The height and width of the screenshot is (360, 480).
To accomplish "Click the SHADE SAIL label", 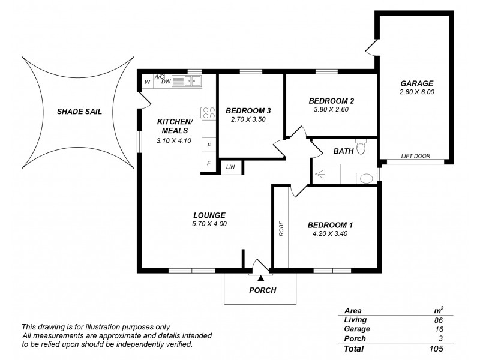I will [76, 111].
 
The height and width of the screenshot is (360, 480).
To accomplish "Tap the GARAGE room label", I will [416, 83].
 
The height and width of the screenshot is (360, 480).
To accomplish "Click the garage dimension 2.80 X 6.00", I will [416, 92].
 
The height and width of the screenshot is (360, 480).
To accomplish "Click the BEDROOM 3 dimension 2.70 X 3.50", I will [248, 119].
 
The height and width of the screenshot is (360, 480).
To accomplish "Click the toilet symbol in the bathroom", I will [360, 147].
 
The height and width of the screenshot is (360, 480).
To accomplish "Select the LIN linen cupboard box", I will [230, 167].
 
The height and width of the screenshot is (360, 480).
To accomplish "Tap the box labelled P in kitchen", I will [209, 145].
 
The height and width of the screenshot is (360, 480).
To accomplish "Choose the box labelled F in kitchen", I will [209, 163].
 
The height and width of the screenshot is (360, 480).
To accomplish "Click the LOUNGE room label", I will [209, 215].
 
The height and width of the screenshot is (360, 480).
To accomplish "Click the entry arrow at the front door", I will [260, 278].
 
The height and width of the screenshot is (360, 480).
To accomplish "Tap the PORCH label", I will [262, 290].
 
